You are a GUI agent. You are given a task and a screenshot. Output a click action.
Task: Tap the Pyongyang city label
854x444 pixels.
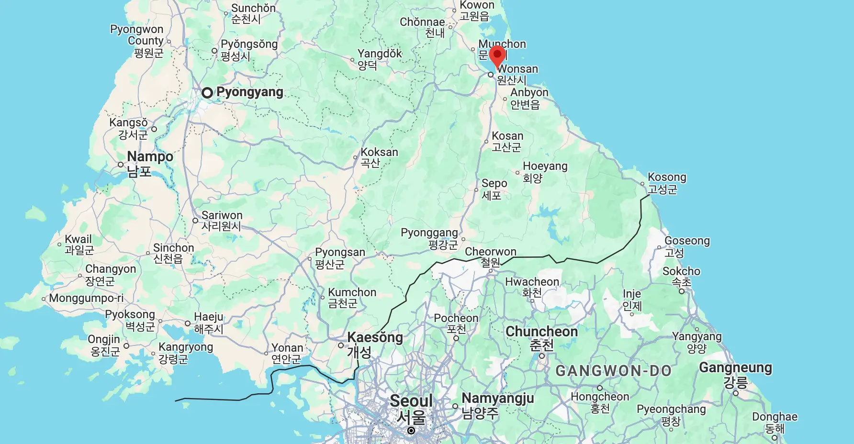pos(249,92)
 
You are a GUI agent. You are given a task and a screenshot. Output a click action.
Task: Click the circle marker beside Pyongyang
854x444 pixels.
pos(207,93)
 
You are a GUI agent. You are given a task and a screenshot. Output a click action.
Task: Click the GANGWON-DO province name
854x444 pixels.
pos(613,371)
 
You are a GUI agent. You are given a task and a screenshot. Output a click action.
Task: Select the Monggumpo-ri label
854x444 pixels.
pos(86,299)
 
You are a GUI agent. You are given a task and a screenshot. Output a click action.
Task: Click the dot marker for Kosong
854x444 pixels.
pos(642,184)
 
